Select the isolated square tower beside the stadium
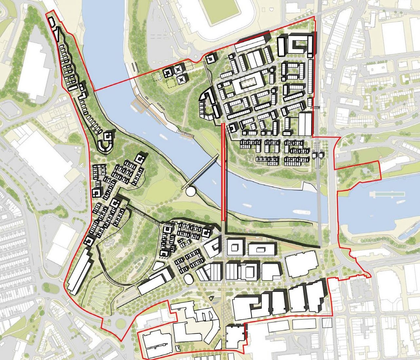(x=210, y=59)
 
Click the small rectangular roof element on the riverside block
(x=261, y=250)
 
